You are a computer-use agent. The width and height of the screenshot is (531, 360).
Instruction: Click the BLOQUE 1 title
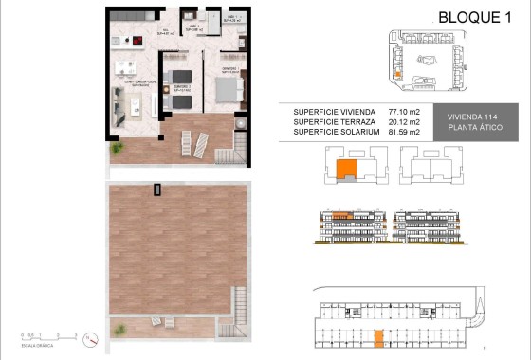472,17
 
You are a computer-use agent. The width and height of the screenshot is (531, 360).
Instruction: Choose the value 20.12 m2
404,120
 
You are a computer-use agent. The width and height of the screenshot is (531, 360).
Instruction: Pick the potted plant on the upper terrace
118,149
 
